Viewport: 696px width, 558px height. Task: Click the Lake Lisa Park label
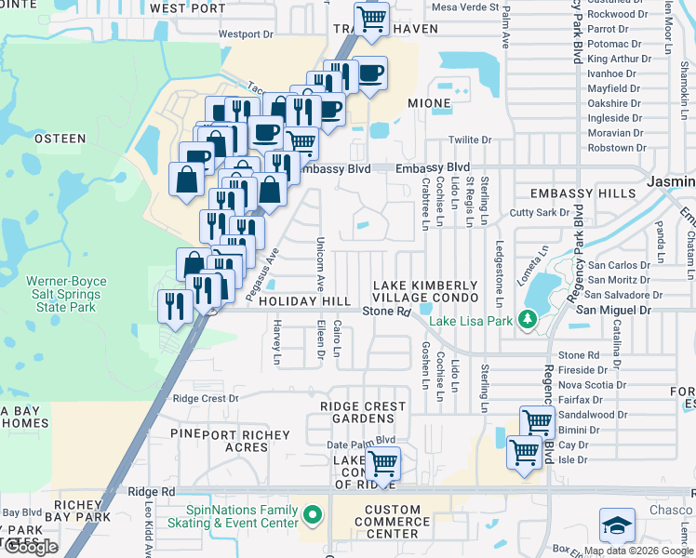473,322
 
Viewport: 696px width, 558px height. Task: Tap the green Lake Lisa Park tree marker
529,320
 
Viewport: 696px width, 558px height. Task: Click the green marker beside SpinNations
312,514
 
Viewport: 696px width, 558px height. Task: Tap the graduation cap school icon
617,525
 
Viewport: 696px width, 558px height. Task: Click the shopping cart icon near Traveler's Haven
371,18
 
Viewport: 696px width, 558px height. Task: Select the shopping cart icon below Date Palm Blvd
382,462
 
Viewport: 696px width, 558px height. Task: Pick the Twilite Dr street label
470,139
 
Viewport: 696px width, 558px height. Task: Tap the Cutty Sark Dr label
542,213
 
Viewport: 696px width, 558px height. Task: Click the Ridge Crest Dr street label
206,398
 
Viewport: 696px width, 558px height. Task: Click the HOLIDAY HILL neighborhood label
305,302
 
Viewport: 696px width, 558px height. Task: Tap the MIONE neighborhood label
429,102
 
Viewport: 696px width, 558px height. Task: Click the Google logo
30,546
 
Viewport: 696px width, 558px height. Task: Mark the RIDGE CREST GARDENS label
363,413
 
